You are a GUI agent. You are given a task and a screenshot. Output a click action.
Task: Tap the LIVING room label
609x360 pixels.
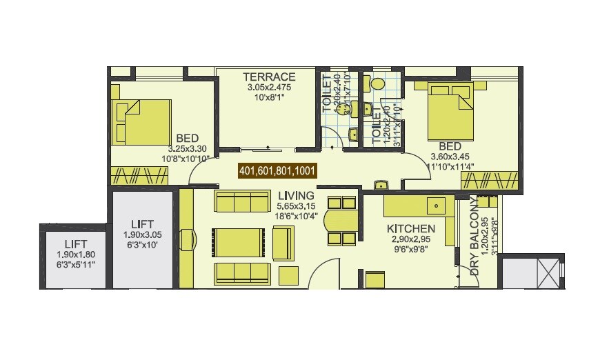294,195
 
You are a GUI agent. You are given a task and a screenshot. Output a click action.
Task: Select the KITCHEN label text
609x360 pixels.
410,228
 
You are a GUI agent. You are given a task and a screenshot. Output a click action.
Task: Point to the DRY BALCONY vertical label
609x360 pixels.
475,239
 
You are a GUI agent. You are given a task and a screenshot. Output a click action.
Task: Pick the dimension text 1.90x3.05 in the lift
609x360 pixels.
142,234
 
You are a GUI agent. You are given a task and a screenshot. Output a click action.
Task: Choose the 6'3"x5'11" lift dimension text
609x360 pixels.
74,264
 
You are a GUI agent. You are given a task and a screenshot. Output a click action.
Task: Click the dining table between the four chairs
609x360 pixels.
340,221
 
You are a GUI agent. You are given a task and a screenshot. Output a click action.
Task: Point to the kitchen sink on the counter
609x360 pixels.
435,206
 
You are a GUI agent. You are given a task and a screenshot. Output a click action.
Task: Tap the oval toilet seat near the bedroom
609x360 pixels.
377,83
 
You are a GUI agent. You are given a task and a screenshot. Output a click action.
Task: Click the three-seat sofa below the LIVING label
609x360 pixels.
241,201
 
